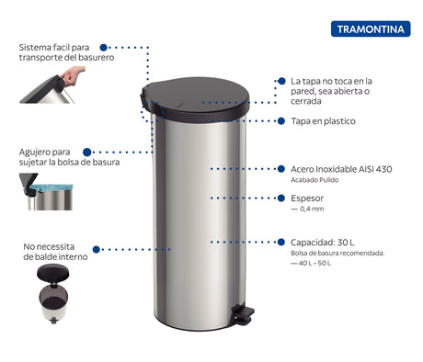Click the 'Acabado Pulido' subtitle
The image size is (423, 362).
[317, 180]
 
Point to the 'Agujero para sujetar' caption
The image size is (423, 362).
[48, 157]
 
